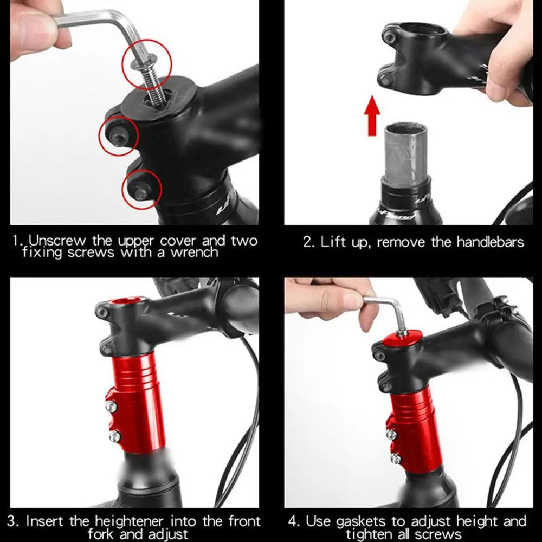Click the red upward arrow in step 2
372,116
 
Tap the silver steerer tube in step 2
406,155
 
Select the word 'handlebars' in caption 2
490,242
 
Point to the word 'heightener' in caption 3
130,521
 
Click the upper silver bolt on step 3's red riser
111,406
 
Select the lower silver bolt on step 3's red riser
115,436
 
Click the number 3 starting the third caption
12,521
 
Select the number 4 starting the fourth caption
293,521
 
